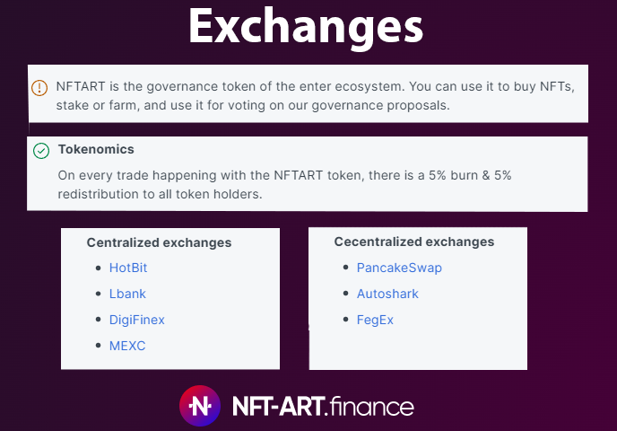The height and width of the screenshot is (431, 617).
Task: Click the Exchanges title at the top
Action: pos(306,27)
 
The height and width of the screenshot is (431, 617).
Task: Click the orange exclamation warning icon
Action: pos(39,88)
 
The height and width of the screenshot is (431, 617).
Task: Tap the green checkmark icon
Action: pos(41,151)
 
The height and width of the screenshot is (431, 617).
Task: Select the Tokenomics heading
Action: pos(96,149)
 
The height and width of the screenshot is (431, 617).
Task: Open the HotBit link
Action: pos(128,268)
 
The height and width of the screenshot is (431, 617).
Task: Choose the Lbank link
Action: pos(127,294)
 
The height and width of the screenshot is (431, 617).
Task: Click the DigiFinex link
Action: pos(137,320)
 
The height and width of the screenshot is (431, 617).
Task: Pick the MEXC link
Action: pos(127,346)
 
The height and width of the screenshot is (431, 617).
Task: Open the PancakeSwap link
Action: pos(399,268)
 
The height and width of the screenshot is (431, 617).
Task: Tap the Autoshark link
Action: pos(387,294)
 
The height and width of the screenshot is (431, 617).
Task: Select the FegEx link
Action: pos(375,320)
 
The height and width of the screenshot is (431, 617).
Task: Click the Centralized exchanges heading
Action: pos(159,242)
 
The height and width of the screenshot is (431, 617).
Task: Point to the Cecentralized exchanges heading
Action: pos(414,242)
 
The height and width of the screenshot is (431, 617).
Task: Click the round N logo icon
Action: pos(199,406)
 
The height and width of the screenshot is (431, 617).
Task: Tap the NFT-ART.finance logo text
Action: pos(322,406)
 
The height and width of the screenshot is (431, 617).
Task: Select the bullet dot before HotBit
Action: pos(99,268)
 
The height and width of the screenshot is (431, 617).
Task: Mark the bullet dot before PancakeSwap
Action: pos(346,268)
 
